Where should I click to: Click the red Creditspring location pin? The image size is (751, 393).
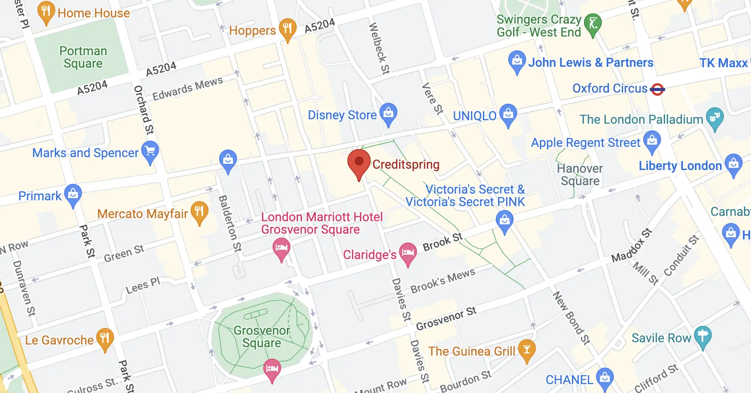359,162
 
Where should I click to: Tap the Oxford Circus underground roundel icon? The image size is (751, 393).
657,89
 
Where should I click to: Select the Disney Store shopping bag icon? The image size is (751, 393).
388,113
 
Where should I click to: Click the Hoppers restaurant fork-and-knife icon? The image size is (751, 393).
287,28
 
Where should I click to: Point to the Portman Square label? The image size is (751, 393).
83,57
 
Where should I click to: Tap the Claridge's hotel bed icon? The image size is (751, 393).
408,253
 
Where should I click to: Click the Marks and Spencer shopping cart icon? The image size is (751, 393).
150,151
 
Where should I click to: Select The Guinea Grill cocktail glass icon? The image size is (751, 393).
527,349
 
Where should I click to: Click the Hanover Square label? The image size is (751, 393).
580,175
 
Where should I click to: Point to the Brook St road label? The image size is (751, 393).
442,242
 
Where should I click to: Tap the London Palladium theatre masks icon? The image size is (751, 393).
714,117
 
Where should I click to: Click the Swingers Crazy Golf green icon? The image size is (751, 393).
592,24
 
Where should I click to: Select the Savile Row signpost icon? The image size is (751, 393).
702,336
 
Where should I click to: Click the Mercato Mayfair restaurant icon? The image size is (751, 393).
199,211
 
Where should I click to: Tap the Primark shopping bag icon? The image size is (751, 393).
73,194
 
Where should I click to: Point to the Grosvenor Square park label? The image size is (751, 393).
261,337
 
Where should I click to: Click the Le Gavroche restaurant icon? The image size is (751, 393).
105,338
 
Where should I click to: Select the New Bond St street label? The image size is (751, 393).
571,318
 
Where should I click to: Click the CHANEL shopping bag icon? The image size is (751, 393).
604,378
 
